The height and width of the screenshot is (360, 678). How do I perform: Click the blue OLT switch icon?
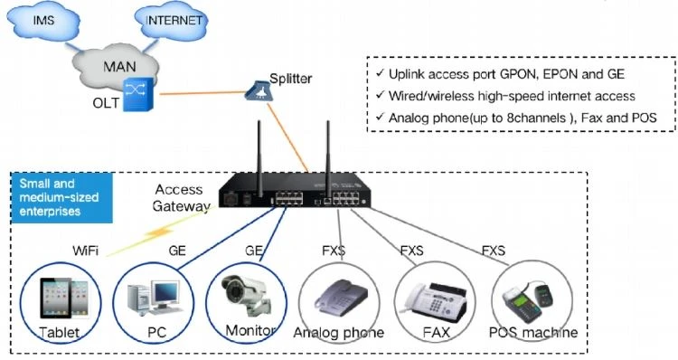point(138,94)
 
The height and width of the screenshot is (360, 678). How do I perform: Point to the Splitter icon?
point(259,90)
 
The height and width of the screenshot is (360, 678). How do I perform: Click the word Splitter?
point(290,79)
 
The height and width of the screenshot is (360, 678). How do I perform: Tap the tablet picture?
point(64,298)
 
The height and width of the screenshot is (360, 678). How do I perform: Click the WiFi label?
point(86,251)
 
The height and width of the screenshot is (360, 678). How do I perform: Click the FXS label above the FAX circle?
point(411,251)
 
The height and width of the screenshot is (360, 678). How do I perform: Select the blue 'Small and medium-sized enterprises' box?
point(61,198)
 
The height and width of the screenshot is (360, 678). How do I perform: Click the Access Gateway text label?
point(181,198)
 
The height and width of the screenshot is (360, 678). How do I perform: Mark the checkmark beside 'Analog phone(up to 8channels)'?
point(380,117)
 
